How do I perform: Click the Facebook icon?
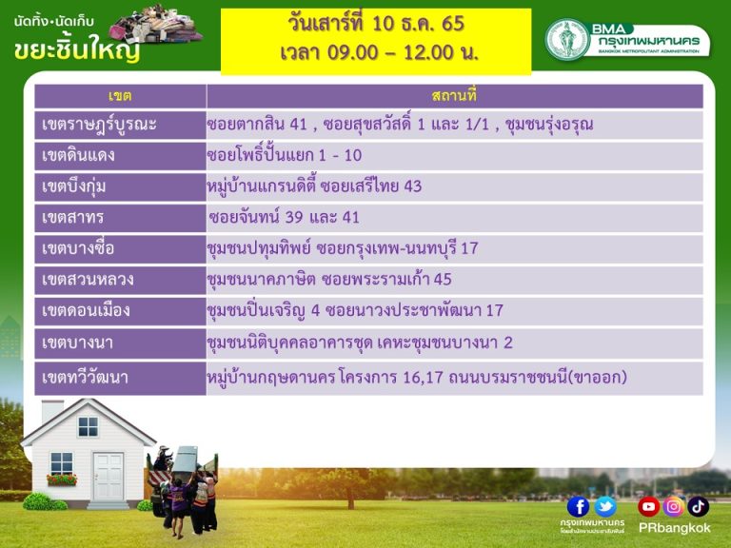click(578, 506)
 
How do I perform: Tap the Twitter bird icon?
click(605, 506)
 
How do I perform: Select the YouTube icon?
click(648, 506)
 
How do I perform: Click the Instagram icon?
click(673, 506)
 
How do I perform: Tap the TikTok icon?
click(698, 506)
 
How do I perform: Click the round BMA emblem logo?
click(567, 40)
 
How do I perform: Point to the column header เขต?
click(120, 96)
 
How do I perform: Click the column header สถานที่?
click(454, 96)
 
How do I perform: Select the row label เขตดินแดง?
click(78, 155)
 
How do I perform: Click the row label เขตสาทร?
click(72, 218)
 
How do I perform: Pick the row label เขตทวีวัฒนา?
click(85, 378)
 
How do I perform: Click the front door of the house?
click(109, 477)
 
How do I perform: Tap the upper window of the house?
click(89, 426)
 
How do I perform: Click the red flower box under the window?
click(62, 479)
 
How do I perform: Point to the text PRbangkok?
click(674, 528)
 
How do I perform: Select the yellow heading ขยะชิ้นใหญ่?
click(77, 49)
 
